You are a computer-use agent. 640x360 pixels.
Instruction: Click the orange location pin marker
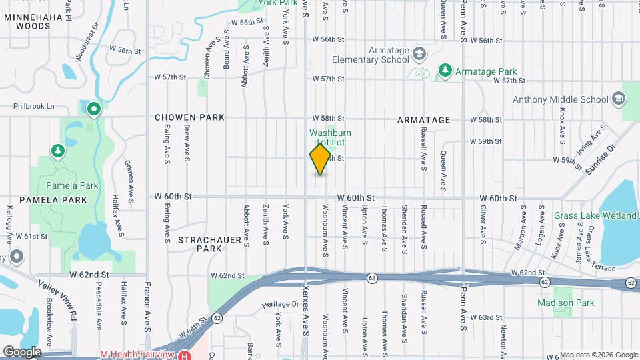pyautogui.click(x=321, y=159)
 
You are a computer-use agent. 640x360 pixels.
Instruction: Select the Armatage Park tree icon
pyautogui.click(x=445, y=70)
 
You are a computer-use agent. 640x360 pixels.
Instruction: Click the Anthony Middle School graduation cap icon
pyautogui.click(x=619, y=99)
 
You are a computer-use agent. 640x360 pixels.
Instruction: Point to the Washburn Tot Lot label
pyautogui.click(x=330, y=138)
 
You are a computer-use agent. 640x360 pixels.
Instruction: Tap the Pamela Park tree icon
pyautogui.click(x=59, y=151)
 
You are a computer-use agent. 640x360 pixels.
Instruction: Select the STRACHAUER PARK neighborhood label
pyautogui.click(x=209, y=243)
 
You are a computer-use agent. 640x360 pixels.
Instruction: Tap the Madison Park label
pyautogui.click(x=557, y=303)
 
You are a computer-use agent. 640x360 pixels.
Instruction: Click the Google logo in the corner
pyautogui.click(x=21, y=352)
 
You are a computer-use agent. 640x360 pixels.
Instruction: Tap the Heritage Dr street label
pyautogui.click(x=281, y=305)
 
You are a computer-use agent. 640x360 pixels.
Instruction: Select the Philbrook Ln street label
pyautogui.click(x=33, y=106)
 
